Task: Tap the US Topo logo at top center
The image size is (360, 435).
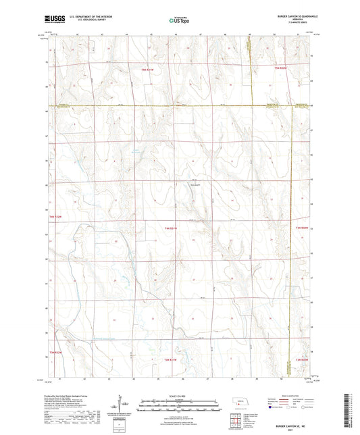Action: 179,21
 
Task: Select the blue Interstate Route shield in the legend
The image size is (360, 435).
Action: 253,407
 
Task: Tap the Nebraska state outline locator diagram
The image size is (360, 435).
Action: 238,403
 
